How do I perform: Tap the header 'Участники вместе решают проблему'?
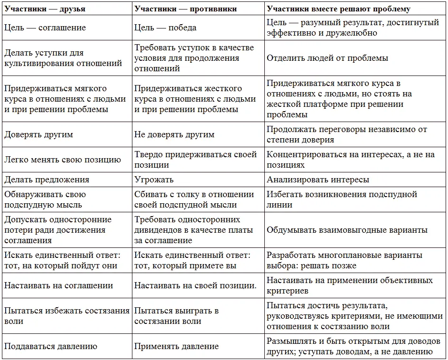point(338,9)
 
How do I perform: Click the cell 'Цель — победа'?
point(165,28)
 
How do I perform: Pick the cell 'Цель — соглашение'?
point(45,28)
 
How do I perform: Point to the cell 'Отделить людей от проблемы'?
point(327,58)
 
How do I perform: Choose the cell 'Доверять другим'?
point(38,134)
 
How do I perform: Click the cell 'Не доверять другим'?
point(174,134)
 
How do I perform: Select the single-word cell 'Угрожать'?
point(154,180)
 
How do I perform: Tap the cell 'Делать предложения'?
point(47,180)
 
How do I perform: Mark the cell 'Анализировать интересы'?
point(317,180)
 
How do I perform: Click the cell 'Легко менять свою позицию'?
point(63,160)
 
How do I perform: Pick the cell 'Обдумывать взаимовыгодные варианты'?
point(347,230)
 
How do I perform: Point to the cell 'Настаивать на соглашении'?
point(58,285)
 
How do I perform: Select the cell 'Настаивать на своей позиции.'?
point(195,285)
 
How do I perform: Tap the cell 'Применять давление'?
point(177,346)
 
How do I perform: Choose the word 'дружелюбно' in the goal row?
point(352,33)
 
